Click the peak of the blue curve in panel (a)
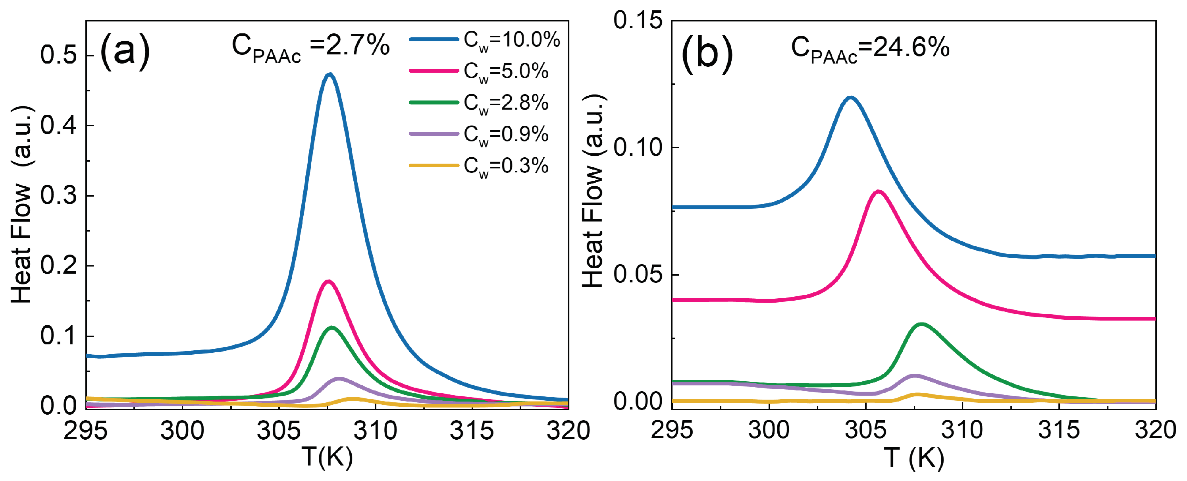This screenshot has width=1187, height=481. pos(330,74)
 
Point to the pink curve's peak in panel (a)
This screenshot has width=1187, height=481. pos(328,281)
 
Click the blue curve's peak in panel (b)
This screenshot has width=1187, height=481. pos(851,97)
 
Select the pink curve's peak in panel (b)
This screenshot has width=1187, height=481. pos(878,191)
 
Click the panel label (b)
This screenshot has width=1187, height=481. pos(707,54)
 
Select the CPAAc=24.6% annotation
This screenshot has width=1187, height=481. pos(870,49)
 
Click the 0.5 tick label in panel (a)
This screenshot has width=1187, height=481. pos(58,55)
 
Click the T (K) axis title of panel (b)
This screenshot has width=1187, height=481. pos(914,458)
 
